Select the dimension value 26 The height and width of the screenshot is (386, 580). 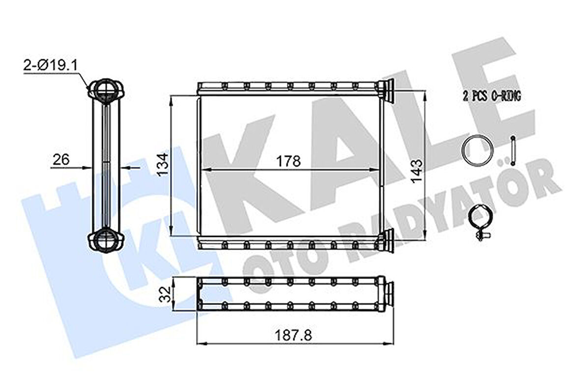point(61,159)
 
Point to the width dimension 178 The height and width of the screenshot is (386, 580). point(288,161)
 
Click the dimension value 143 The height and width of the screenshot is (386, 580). point(418,170)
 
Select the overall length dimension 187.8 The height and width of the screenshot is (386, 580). point(294,335)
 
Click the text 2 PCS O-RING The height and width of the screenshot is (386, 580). point(491,97)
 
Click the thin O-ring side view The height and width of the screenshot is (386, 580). point(513,151)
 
